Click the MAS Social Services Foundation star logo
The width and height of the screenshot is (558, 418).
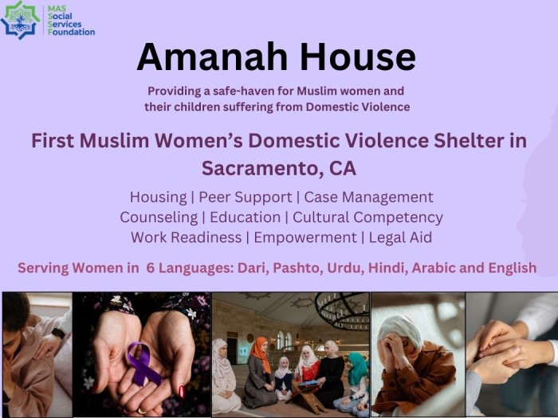(20, 19)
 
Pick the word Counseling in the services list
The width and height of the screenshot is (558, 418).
(158, 217)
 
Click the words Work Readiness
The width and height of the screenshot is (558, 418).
(186, 237)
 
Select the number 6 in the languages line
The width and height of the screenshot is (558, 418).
(150, 268)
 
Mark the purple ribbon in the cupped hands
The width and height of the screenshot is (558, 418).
(143, 362)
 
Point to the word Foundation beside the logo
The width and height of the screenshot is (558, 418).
(71, 32)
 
